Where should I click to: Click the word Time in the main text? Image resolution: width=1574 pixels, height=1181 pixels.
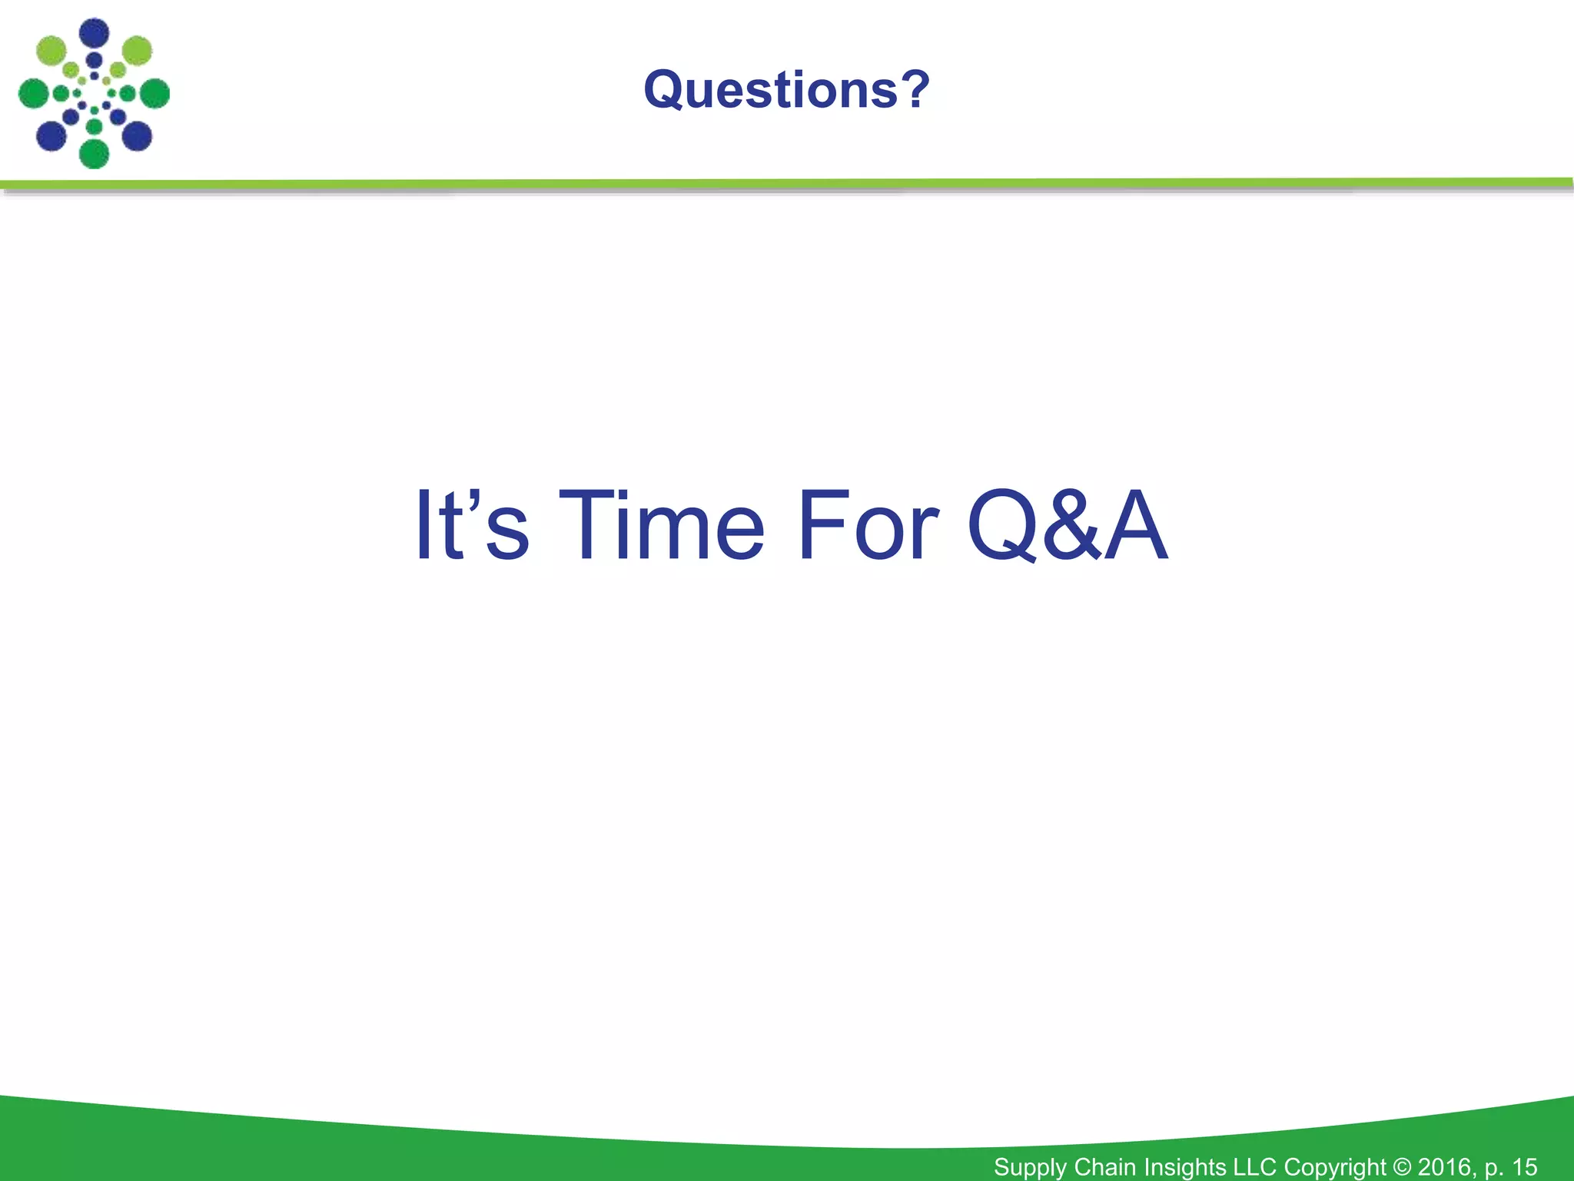pos(662,526)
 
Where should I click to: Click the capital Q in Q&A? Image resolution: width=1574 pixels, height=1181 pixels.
pos(1002,527)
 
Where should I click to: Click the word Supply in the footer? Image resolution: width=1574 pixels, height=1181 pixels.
pos(1030,1167)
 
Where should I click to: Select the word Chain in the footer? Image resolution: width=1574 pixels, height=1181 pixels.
pos(1107,1166)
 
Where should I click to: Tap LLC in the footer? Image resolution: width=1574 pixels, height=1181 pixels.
pos(1255,1166)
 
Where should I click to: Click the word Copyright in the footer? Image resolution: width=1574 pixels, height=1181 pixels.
pos(1334,1167)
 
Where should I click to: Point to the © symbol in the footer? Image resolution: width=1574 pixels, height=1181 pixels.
pos(1401,1167)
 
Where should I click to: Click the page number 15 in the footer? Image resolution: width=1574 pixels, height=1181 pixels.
pos(1524,1166)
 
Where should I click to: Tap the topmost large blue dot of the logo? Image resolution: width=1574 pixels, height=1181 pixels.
pos(95,33)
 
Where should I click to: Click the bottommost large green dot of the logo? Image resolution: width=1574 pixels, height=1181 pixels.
pos(95,154)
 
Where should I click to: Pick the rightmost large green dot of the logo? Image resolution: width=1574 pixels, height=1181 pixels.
pos(154,94)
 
